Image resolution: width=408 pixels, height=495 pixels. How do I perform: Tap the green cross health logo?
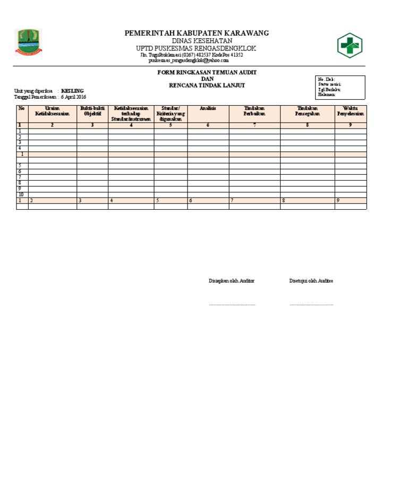[350, 46]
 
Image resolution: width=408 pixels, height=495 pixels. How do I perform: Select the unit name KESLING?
[73, 91]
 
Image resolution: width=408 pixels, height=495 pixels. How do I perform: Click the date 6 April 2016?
[73, 97]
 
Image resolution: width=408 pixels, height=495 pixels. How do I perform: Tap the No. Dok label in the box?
[326, 79]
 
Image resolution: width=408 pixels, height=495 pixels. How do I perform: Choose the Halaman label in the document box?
[327, 95]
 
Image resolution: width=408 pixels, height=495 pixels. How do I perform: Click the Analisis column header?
[208, 108]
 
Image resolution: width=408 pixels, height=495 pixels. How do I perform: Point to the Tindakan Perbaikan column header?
[254, 111]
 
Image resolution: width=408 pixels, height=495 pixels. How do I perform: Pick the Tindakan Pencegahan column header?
[307, 111]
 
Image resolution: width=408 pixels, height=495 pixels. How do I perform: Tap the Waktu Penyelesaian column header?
[350, 111]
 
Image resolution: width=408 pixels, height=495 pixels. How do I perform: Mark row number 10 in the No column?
[21, 194]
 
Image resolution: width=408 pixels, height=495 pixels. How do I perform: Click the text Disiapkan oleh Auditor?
[232, 281]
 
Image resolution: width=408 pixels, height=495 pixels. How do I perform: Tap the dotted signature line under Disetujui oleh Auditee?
[311, 305]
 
